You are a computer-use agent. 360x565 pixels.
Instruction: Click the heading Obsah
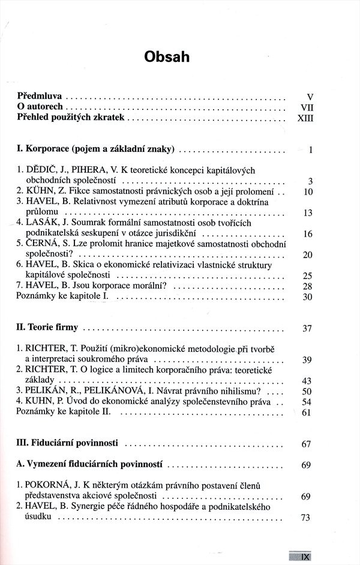[x=167, y=57]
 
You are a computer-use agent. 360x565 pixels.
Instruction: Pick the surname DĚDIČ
[x=41, y=171]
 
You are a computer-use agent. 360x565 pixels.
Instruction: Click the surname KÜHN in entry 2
[x=40, y=192]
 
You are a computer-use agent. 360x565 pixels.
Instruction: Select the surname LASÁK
[x=43, y=223]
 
